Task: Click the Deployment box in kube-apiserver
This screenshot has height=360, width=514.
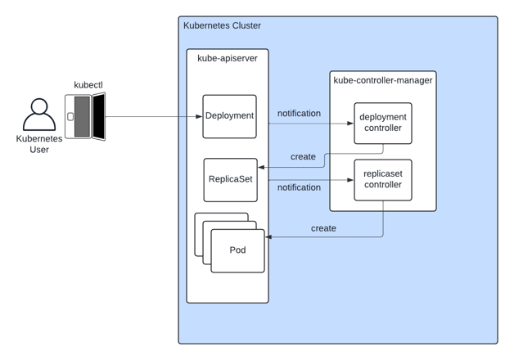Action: (x=230, y=116)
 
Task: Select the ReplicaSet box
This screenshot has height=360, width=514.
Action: (x=230, y=180)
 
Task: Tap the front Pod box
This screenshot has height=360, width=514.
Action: (x=238, y=250)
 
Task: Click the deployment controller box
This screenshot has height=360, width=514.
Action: (x=382, y=123)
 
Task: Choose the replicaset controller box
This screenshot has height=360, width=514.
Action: (x=382, y=179)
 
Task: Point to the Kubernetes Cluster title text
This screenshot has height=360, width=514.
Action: (x=222, y=26)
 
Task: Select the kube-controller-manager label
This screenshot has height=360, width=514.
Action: (x=382, y=80)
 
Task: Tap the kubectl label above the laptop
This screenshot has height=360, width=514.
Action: (x=88, y=84)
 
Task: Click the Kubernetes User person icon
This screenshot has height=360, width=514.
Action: (x=38, y=115)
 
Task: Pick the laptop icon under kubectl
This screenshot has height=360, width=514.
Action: (x=86, y=116)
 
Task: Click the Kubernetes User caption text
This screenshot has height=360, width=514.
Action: (x=38, y=145)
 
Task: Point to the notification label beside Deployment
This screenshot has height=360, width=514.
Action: (x=299, y=114)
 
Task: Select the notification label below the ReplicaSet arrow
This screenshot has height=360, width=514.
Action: (x=299, y=187)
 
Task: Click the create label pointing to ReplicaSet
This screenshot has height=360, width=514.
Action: (x=303, y=157)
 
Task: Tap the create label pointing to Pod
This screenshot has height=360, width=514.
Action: (x=323, y=228)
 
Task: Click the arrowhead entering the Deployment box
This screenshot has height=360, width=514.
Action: (x=200, y=116)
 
